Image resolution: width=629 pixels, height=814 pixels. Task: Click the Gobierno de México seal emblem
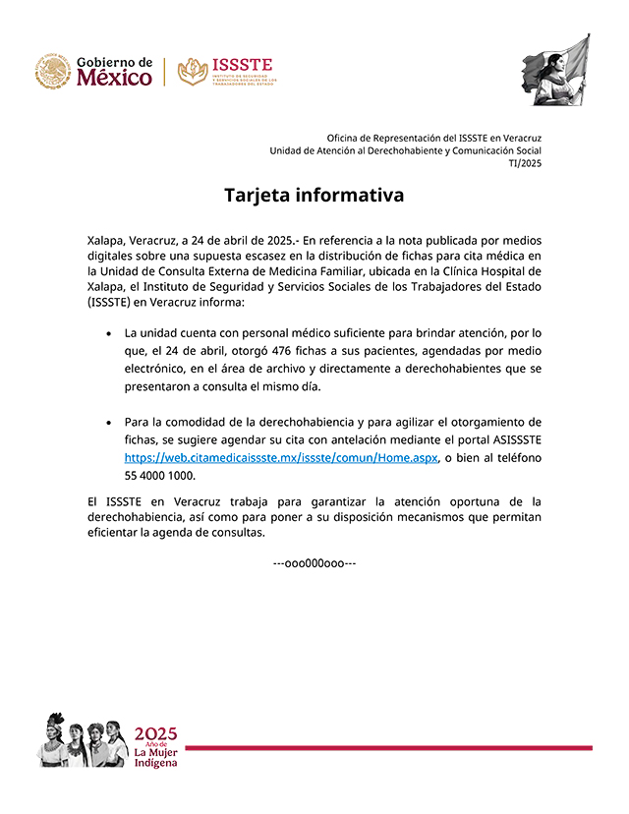click(53, 72)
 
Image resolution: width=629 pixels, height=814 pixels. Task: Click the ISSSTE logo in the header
click(227, 72)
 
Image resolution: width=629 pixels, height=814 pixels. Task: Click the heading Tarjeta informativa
click(314, 195)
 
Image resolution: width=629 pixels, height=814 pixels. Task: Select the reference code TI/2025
click(525, 163)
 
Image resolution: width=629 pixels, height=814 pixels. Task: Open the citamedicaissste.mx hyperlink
click(281, 458)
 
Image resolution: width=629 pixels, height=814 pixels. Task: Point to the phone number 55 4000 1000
click(159, 476)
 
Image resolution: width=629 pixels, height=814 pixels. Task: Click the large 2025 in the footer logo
click(155, 732)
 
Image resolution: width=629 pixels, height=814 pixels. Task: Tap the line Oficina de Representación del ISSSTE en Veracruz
click(434, 138)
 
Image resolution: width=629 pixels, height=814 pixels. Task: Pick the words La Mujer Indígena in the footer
click(156, 758)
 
